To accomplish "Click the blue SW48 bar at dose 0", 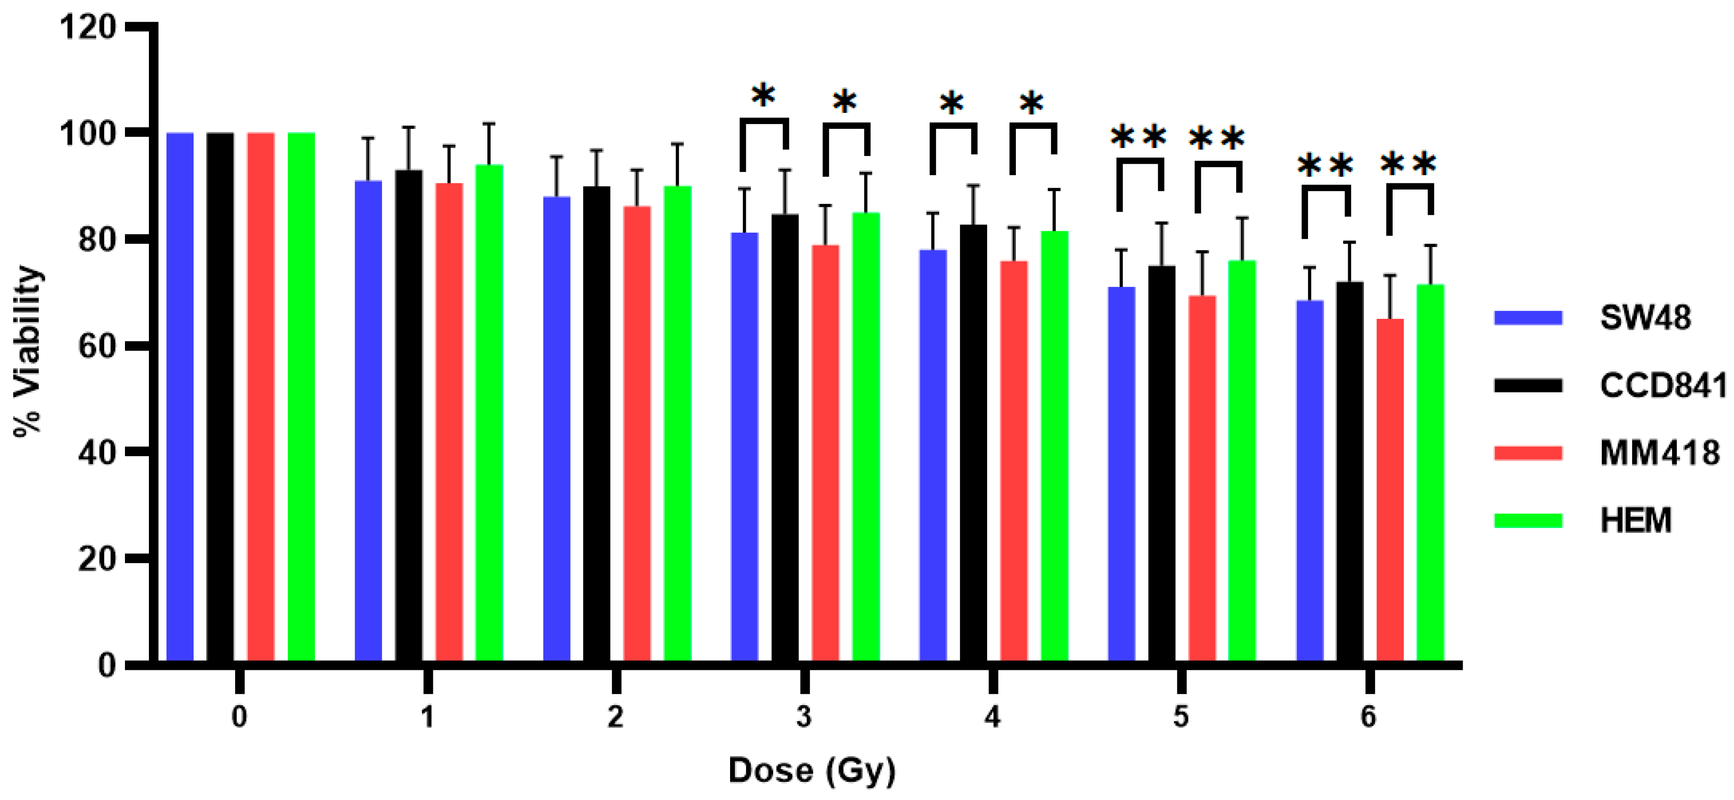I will tap(180, 397).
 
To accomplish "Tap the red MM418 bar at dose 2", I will tap(637, 434).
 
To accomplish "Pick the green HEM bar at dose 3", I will tap(866, 438).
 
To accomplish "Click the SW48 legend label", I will tap(1644, 317).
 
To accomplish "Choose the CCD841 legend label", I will tap(1663, 385).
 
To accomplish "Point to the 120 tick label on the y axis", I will tap(88, 28).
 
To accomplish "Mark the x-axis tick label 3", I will tap(804, 717).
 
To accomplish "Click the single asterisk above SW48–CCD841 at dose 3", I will tap(763, 96).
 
